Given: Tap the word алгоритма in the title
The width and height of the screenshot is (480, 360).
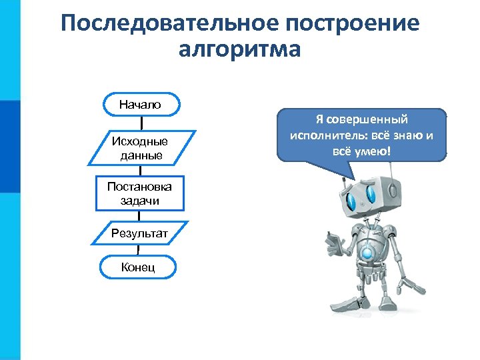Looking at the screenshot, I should click(240, 51).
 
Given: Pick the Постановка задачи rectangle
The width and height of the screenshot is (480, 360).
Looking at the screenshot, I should click(140, 193).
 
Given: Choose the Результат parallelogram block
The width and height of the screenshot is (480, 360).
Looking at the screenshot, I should click(140, 233).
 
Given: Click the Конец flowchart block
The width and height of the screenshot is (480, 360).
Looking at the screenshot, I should click(138, 267).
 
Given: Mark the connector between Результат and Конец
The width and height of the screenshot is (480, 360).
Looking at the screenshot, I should click(139, 250).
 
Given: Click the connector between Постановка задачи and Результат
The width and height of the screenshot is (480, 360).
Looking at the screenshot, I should click(139, 215).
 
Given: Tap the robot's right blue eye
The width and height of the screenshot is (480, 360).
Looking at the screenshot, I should click(370, 194).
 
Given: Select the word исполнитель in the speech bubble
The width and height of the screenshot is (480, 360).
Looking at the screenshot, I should click(322, 136).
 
